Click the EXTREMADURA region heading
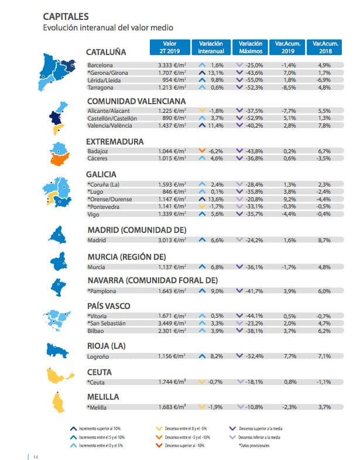[115, 141]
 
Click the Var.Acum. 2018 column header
[325, 47]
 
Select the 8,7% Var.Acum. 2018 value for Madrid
[325, 239]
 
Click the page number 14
[36, 456]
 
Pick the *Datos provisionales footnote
[253, 446]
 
